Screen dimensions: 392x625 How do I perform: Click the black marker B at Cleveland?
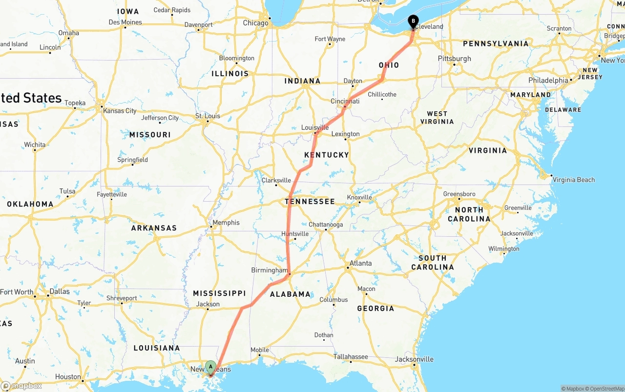(413, 21)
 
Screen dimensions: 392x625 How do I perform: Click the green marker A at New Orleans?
(210, 367)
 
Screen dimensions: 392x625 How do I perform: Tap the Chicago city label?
(256, 23)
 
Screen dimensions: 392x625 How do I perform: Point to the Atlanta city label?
(361, 263)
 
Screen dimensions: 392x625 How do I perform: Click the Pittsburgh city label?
(455, 59)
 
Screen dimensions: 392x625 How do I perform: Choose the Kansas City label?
(120, 111)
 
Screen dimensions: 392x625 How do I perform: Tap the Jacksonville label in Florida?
(414, 359)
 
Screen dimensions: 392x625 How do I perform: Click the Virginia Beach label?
(574, 180)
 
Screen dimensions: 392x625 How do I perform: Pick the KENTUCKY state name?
(327, 155)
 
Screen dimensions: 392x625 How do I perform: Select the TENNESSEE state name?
(310, 201)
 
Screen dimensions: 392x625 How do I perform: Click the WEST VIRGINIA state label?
(437, 118)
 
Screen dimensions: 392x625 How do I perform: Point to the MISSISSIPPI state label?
(219, 293)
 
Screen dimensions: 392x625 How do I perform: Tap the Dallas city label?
(60, 291)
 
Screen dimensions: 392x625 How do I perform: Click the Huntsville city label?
(295, 234)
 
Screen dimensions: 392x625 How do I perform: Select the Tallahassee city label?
(351, 357)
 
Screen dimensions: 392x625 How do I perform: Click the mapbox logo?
(21, 386)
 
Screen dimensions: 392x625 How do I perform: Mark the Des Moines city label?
(125, 22)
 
